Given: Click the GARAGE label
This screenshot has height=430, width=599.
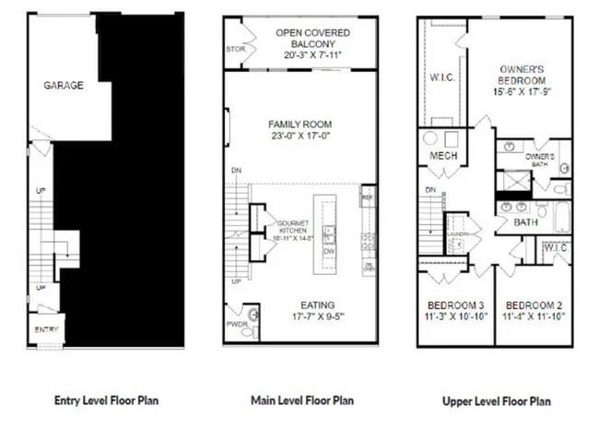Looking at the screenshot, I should [x=64, y=86].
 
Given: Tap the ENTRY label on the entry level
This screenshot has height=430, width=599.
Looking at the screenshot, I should [x=46, y=329].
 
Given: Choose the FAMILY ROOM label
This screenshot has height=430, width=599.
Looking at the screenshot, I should [x=299, y=125].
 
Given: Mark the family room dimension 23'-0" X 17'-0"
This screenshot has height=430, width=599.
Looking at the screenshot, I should [x=299, y=137].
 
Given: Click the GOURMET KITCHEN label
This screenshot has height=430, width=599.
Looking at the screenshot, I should [x=288, y=225].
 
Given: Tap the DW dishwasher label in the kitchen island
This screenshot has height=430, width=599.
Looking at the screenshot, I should [x=328, y=250].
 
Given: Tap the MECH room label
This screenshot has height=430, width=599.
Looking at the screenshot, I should [x=443, y=156].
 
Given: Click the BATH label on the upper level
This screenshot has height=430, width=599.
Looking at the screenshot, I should [x=525, y=222].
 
